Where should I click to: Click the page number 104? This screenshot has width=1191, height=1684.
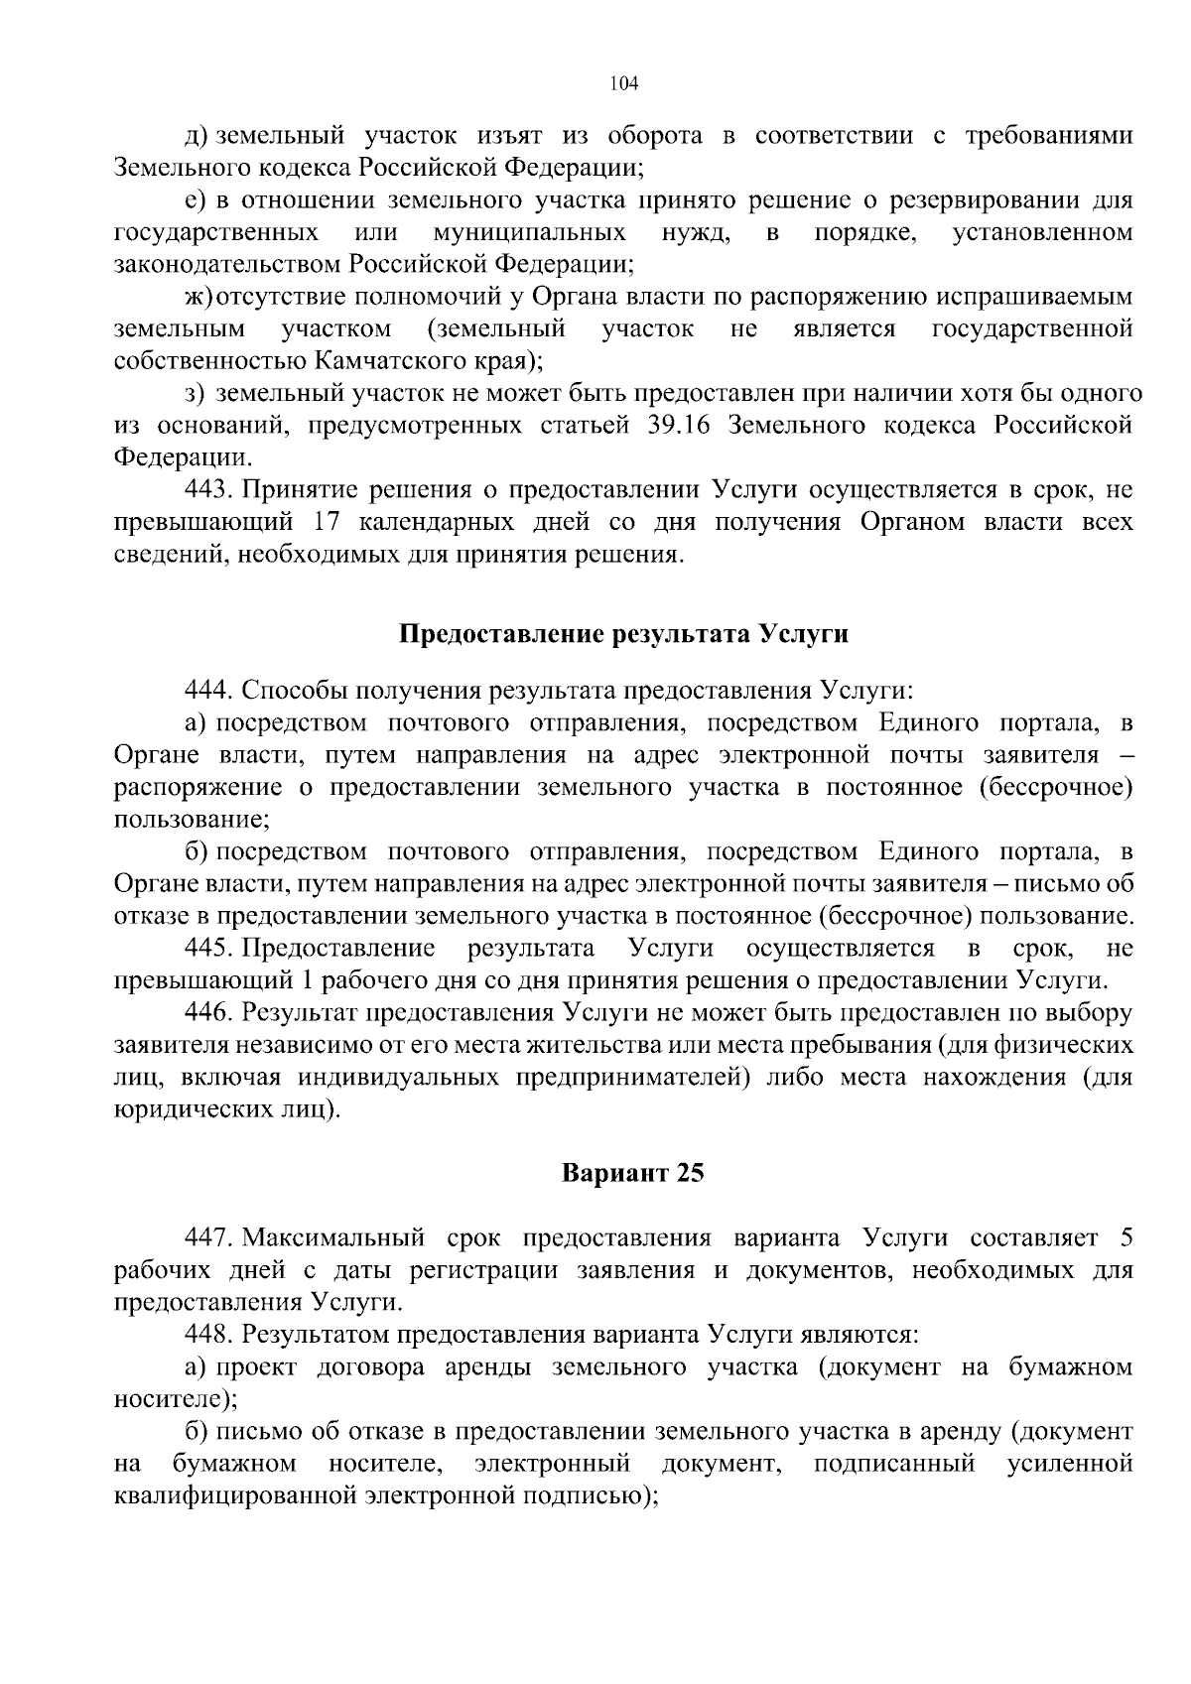click(623, 83)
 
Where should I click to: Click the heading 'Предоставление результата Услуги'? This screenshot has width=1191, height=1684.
click(623, 634)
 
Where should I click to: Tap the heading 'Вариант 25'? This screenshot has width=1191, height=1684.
click(633, 1173)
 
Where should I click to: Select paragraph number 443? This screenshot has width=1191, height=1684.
click(208, 489)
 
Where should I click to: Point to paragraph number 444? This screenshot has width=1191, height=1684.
click(208, 690)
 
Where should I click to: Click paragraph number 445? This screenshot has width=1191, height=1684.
click(208, 948)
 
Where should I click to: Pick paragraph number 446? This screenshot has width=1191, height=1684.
click(208, 1013)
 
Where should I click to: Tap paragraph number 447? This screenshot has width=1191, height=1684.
click(208, 1238)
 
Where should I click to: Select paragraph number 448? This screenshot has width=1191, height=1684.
click(208, 1335)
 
